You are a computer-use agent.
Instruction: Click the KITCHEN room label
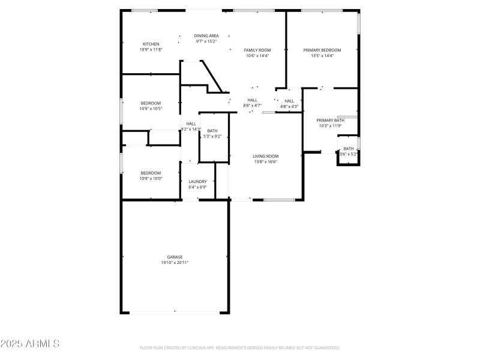coord(151,44)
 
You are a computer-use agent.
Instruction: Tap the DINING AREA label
coord(206,36)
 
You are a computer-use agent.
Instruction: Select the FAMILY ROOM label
coord(257,50)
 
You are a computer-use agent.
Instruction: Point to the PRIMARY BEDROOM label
coord(322,50)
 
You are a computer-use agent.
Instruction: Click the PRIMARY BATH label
coord(330,120)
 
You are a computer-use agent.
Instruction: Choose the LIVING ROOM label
coord(265,156)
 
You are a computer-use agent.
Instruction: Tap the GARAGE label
coord(175,257)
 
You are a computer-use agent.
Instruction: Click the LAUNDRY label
coord(197,181)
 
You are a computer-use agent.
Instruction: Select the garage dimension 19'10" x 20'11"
coord(175,263)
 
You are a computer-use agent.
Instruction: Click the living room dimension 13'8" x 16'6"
coord(265,162)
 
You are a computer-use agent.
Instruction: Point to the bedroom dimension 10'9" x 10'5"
coord(151,109)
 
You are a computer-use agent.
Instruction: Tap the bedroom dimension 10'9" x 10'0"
coord(151,179)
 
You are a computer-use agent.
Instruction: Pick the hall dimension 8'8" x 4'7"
coord(252,106)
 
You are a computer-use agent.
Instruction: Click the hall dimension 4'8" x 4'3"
coord(289,106)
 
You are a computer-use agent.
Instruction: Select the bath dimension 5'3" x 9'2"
coord(212,136)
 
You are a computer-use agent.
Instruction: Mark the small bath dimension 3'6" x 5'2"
coord(349,154)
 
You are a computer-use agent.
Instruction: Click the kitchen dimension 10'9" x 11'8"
coord(151,50)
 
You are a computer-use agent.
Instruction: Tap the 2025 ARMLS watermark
coord(30,344)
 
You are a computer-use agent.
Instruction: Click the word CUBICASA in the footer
coord(203,348)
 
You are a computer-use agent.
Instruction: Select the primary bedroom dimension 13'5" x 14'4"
coord(322,56)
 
